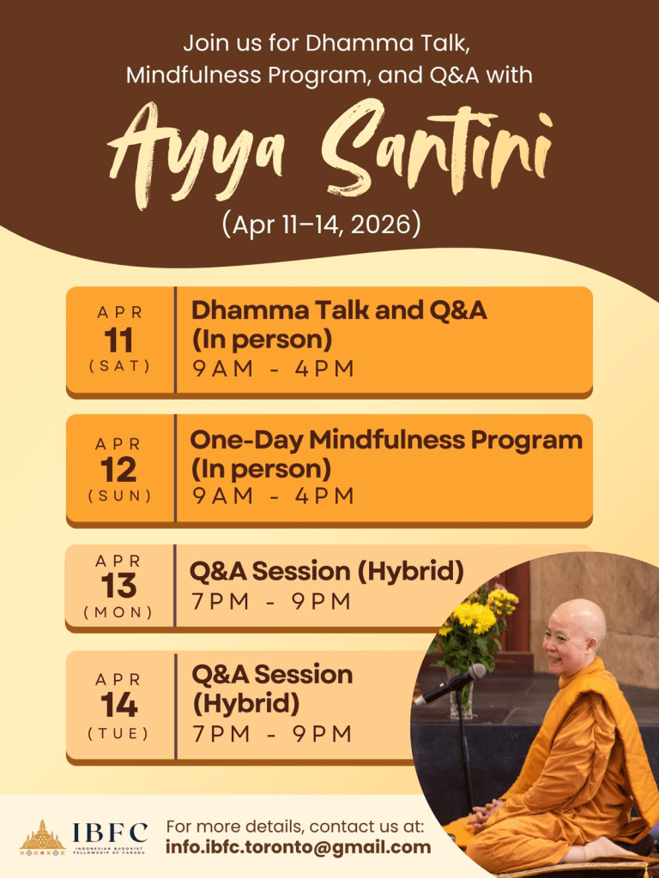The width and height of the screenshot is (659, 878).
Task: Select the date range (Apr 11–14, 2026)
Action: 321,226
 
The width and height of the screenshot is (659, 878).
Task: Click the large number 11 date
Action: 118,340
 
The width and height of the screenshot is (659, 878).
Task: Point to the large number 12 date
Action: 118,471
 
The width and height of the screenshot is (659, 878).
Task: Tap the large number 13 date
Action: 118,586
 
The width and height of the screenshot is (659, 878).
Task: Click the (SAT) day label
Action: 119,366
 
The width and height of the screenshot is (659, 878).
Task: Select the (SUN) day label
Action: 119,496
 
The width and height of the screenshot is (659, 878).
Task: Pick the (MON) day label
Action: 118,612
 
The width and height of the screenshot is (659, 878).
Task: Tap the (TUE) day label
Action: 118,733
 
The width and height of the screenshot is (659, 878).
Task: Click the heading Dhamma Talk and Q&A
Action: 339,310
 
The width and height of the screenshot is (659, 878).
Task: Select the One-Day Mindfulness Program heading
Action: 386,442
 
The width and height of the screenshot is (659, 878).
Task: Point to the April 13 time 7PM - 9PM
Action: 272,602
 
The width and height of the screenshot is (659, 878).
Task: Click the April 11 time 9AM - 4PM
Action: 274,369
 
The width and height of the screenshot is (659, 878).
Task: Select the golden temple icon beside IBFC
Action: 43,838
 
